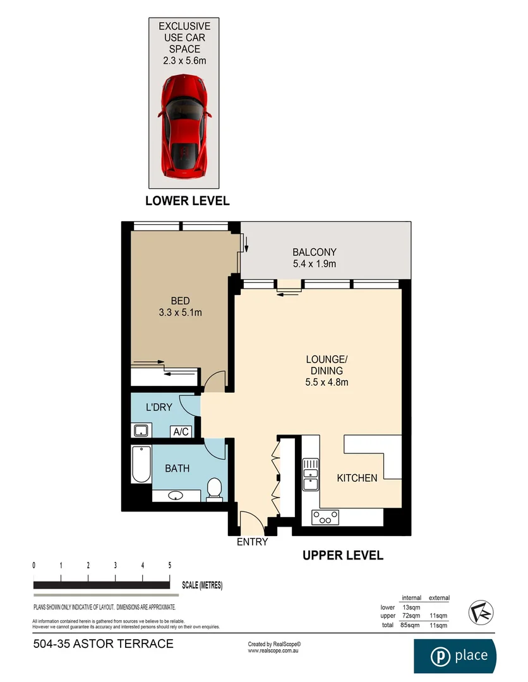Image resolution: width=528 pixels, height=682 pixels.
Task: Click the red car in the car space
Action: [x=184, y=126]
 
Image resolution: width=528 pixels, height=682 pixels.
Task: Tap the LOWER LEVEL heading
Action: [x=188, y=201]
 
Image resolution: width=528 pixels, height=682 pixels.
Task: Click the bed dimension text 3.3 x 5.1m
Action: [x=181, y=312]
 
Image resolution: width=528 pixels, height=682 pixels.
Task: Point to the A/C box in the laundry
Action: [x=181, y=432]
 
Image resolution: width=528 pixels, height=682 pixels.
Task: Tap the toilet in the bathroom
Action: [x=215, y=489]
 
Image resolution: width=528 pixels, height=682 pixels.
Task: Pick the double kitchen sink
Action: [x=310, y=475]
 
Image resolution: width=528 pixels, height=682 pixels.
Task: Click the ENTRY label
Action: [x=252, y=542]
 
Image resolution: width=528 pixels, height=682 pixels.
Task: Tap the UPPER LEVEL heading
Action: [x=342, y=556]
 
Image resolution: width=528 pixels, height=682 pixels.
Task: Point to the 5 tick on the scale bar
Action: [x=170, y=565]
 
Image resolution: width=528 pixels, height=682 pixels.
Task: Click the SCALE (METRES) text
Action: [x=202, y=585]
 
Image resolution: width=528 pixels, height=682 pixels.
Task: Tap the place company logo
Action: [x=455, y=655]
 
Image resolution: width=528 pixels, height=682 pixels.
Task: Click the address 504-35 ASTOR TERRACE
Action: [x=102, y=644]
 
